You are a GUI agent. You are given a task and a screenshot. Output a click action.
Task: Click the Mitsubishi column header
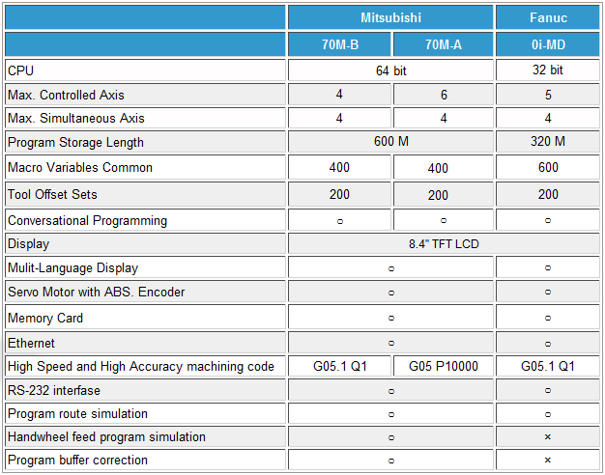coord(390,17)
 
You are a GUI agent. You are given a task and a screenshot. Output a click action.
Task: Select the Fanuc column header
coord(548,17)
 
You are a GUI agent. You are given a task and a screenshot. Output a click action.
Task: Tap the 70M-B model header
coord(339,44)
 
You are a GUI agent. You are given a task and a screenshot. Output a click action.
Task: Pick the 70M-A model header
coord(444,44)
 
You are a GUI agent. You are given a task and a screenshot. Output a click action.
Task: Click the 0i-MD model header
coord(548,44)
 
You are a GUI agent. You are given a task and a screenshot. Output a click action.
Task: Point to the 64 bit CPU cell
coord(390,70)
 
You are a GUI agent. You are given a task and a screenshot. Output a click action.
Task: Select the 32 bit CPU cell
coord(548,70)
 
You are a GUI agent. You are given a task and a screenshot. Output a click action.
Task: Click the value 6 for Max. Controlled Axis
coord(444,95)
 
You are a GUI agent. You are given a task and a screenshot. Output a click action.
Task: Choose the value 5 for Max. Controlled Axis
coord(548,95)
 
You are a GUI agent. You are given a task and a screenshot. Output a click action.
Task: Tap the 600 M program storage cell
coord(390,142)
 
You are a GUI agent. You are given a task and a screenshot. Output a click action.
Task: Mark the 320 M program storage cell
coord(548,142)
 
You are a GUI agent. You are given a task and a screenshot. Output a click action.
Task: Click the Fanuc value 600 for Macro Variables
coord(548,167)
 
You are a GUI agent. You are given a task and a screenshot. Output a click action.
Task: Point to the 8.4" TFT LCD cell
coord(444,244)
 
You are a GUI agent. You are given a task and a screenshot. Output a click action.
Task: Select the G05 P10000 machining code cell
coord(444,367)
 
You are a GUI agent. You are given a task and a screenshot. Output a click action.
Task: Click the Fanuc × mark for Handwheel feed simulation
coord(548,437)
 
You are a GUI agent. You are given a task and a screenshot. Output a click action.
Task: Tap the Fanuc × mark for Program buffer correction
coord(548,461)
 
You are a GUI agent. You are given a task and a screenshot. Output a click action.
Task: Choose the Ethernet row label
coord(31,343)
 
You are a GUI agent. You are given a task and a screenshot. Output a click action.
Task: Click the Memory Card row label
coord(44,318)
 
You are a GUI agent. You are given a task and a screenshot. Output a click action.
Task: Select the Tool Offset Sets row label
coord(52,194)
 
